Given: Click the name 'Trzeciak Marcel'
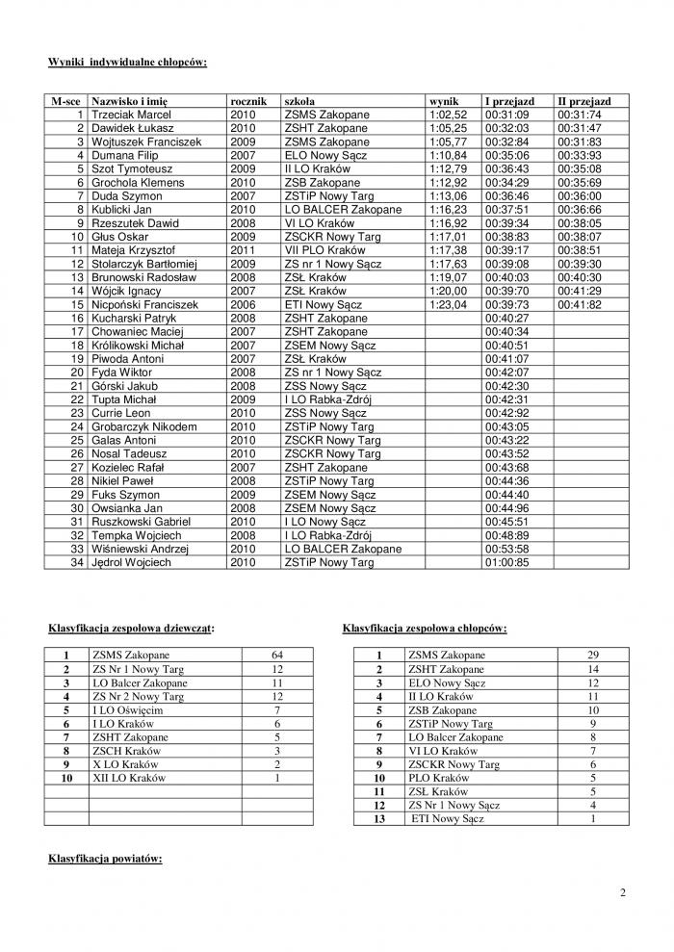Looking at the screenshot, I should [130, 114].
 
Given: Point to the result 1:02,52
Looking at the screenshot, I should [448, 114].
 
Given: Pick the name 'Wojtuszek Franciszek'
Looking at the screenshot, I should [145, 142].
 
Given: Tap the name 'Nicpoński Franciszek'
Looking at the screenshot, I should [144, 303].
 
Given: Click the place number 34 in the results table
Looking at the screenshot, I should [76, 562].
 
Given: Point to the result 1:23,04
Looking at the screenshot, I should [448, 303].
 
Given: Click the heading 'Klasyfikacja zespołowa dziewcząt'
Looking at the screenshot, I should [131, 628].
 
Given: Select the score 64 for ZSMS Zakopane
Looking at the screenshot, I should [277, 656].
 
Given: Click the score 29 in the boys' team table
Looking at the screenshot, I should [592, 656].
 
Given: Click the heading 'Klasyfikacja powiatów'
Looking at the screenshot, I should [106, 856].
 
